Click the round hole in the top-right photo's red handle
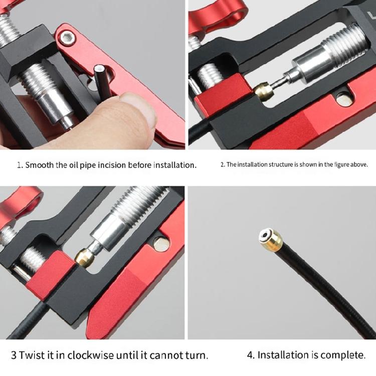(x=342, y=100)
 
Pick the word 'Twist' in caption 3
(x=30, y=355)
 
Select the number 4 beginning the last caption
(x=250, y=355)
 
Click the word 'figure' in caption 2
(x=339, y=164)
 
